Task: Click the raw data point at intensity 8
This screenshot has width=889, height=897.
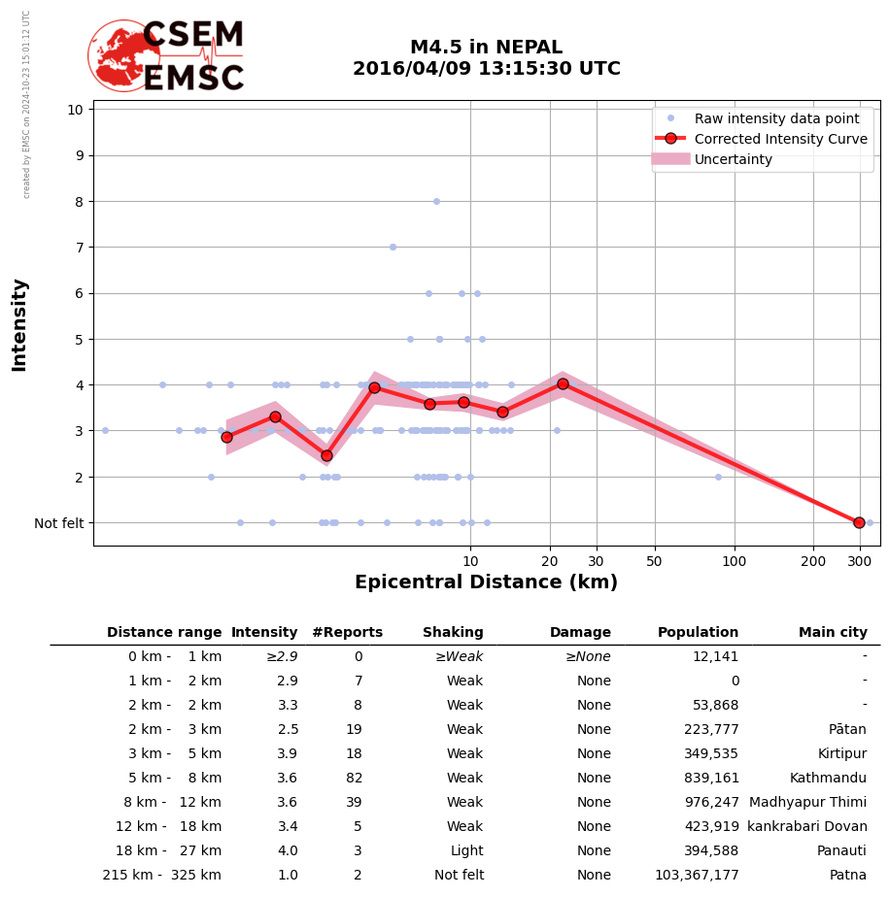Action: [436, 201]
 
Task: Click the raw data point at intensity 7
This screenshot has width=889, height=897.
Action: [393, 247]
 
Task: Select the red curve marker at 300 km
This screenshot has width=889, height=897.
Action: [859, 522]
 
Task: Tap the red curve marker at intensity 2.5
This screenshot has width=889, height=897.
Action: [326, 455]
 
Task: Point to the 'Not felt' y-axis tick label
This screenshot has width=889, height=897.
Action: [58, 523]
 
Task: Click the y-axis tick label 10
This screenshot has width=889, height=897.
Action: [75, 109]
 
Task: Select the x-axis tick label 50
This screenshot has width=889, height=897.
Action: [654, 561]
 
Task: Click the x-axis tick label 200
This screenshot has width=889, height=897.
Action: [813, 561]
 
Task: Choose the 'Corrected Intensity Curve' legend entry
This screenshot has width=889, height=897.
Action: [780, 139]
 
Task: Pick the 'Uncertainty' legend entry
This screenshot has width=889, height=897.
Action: [733, 159]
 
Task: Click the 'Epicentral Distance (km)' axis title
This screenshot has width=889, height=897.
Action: [486, 582]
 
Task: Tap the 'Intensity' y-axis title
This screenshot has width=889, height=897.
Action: [19, 324]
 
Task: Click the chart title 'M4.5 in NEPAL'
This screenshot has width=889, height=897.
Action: [486, 48]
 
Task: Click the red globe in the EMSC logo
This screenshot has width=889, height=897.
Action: [123, 55]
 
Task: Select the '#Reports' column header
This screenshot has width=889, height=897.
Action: [347, 633]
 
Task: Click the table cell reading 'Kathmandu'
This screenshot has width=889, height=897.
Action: [828, 779]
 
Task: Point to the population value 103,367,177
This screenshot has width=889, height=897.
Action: [697, 876]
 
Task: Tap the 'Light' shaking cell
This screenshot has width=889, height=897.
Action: [466, 851]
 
